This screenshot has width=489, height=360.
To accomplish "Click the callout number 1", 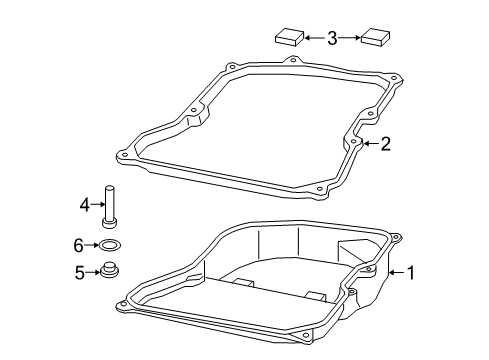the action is (x=411, y=273).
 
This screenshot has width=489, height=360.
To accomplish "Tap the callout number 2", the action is (x=385, y=144).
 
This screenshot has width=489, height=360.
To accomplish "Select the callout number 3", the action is (x=332, y=38).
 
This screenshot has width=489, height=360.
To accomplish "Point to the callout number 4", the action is (x=85, y=204).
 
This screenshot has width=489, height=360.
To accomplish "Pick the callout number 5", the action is (x=79, y=273).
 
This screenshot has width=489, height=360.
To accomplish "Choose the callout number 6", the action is (x=78, y=246).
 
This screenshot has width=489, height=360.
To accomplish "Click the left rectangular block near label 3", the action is (x=289, y=37).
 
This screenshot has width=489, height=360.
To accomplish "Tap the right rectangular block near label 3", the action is (x=375, y=36).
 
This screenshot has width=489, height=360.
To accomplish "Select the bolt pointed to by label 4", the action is (x=110, y=207).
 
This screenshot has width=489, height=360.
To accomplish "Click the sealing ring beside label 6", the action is (x=110, y=246).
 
